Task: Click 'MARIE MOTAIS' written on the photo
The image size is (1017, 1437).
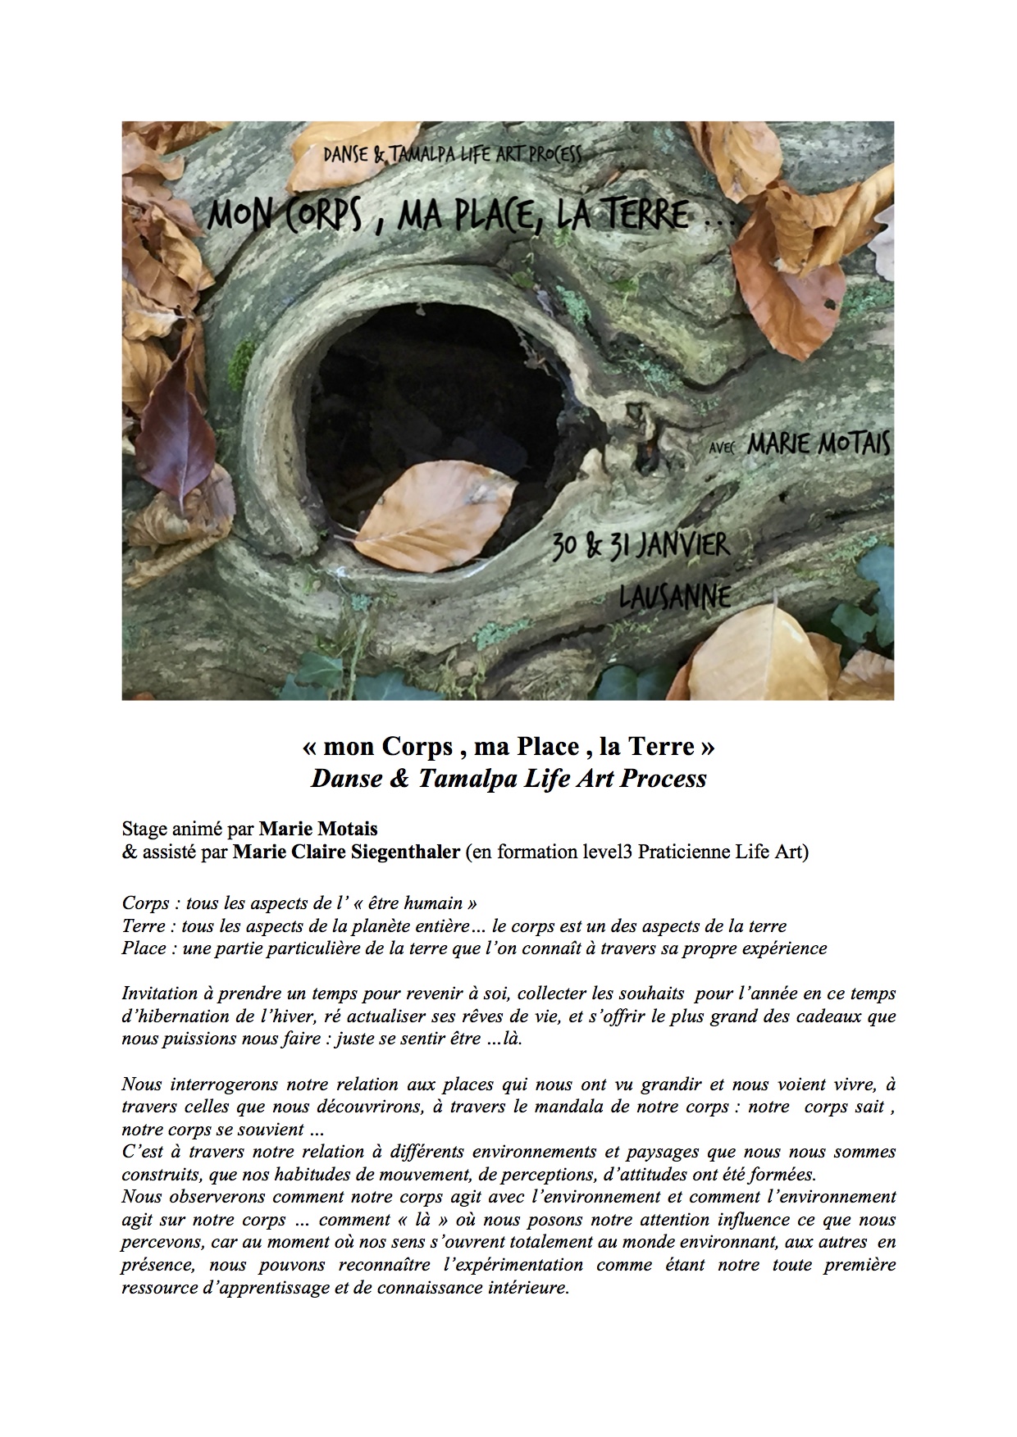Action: (x=818, y=443)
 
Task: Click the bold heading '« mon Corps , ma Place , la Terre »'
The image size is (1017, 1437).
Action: (x=508, y=747)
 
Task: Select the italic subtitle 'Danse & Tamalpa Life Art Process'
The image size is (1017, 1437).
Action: (x=508, y=778)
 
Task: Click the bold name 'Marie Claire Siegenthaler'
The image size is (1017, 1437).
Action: (x=346, y=852)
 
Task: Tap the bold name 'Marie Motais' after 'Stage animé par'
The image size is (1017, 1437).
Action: (x=318, y=829)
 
